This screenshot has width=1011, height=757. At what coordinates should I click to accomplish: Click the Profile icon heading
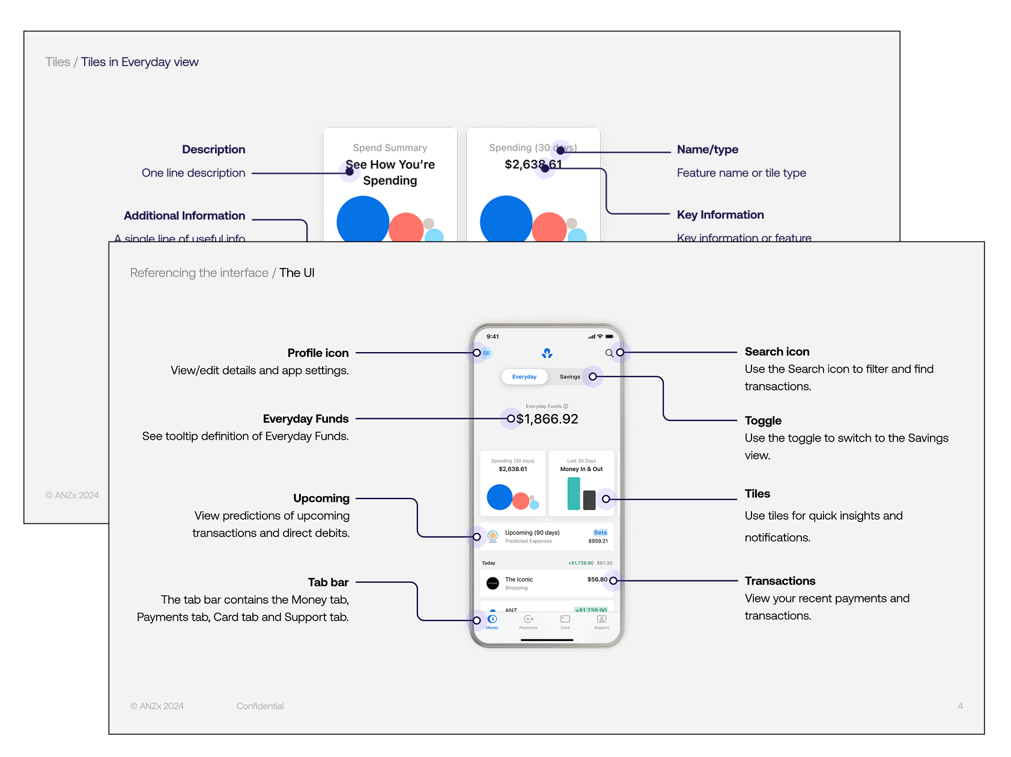[x=318, y=353]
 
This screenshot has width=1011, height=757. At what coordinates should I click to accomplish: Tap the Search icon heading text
[x=777, y=351]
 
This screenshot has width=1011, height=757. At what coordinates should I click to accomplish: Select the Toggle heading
[x=763, y=421]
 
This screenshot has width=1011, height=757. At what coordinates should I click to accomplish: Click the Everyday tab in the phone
[x=524, y=377]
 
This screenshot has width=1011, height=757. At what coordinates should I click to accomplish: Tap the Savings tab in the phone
[x=569, y=377]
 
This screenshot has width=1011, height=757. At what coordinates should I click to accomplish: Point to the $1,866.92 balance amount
[x=547, y=419]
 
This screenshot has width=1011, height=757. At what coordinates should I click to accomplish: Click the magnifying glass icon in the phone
[x=609, y=353]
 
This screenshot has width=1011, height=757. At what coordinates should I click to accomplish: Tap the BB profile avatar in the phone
[x=486, y=353]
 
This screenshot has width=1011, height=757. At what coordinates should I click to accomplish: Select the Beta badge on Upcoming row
[x=600, y=532]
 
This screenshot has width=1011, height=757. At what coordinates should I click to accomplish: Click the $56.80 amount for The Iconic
[x=597, y=580]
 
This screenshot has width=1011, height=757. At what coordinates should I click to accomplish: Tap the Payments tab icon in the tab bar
[x=529, y=619]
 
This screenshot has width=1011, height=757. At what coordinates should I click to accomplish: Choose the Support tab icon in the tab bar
[x=601, y=619]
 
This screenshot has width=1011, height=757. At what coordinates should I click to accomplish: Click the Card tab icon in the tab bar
[x=565, y=619]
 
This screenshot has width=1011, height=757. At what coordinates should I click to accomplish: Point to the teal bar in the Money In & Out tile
[x=574, y=494]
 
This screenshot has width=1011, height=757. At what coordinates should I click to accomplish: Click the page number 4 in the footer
[x=960, y=706]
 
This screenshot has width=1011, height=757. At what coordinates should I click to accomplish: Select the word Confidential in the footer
[x=260, y=706]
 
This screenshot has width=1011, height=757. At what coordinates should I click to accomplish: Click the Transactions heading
[x=780, y=581]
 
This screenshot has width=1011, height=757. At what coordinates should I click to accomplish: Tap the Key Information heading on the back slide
[x=720, y=215]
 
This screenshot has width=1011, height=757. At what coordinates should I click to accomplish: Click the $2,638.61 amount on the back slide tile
[x=533, y=165]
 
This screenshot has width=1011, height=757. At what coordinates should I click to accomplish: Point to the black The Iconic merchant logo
[x=493, y=583]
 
